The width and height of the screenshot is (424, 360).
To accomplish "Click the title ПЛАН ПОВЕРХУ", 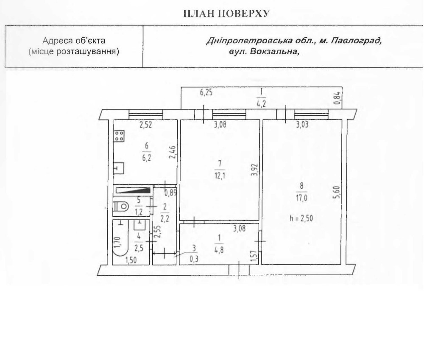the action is [x=226, y=14].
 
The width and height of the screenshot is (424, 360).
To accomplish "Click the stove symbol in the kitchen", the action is [x=119, y=136].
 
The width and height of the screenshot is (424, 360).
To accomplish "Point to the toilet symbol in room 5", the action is [x=120, y=207].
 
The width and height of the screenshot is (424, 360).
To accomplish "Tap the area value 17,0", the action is [x=301, y=198].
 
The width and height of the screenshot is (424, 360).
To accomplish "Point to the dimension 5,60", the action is [x=336, y=193].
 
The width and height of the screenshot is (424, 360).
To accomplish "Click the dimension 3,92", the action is [x=255, y=170].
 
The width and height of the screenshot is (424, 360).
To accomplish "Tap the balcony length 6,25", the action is [x=206, y=92].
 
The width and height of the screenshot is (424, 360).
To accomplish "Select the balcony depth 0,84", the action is [x=337, y=98].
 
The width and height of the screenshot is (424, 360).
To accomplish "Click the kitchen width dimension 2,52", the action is [x=146, y=125].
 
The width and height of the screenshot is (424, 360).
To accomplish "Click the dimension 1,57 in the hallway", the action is [x=254, y=256].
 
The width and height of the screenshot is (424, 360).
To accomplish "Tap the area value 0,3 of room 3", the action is [x=194, y=259].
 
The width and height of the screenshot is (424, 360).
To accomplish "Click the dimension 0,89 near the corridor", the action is [x=170, y=193].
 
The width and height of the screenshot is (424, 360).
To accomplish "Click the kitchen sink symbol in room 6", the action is [x=119, y=168].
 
